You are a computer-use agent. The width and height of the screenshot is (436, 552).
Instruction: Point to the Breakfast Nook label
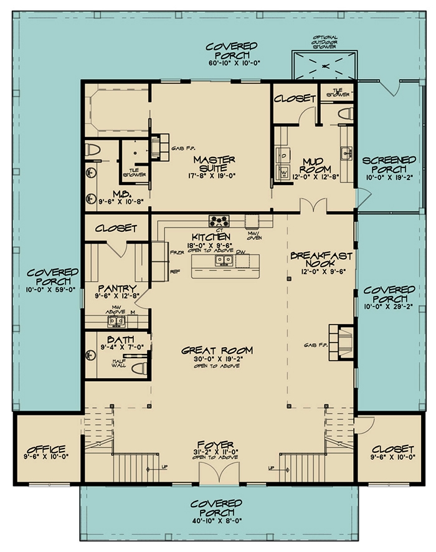(x=321, y=260)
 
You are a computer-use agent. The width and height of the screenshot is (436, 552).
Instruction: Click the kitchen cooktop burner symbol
(x=220, y=220)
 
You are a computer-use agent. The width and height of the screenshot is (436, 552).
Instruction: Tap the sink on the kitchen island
(x=224, y=260)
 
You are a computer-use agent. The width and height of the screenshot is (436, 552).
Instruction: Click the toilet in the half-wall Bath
(x=140, y=363)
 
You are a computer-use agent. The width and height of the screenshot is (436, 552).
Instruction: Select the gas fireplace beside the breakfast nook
(x=340, y=343)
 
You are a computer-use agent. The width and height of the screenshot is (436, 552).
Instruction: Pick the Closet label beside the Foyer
(x=392, y=449)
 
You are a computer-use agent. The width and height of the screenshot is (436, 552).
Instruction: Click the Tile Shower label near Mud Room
(x=336, y=92)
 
